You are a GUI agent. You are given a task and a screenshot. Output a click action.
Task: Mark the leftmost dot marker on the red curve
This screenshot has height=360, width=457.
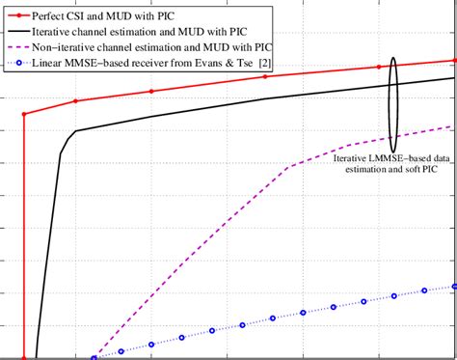tap(23, 114)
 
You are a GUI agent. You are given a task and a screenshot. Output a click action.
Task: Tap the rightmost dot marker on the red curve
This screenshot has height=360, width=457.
tap(452, 60)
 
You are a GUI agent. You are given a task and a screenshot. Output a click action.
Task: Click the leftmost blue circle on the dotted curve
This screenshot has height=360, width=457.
tap(94, 358)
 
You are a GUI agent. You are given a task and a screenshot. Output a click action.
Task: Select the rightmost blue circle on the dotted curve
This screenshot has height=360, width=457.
tap(453, 287)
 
